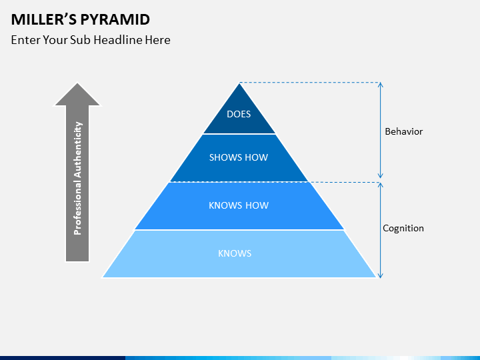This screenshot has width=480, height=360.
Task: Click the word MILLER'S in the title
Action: click(x=44, y=19)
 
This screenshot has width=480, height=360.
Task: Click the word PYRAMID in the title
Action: click(x=115, y=19)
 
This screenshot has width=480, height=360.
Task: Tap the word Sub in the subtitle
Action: click(x=80, y=40)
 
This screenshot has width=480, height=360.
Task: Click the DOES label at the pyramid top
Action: click(x=239, y=114)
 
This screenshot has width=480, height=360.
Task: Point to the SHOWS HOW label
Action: click(x=239, y=157)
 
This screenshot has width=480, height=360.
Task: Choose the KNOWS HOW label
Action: click(x=239, y=205)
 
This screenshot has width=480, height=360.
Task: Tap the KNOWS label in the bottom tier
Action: click(x=235, y=253)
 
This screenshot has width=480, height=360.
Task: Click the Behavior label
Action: click(x=404, y=131)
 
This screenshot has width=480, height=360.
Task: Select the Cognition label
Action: click(x=403, y=229)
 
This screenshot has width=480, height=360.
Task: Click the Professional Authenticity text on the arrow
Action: click(x=78, y=179)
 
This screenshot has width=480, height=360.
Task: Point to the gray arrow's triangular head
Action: click(x=77, y=94)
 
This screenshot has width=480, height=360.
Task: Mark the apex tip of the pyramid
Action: click(x=239, y=83)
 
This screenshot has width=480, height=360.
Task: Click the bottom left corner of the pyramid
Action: click(x=103, y=277)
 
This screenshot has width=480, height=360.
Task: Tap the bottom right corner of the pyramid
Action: click(x=375, y=277)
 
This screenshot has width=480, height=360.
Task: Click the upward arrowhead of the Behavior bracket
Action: click(x=380, y=84)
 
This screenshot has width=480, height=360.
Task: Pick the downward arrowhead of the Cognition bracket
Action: click(x=380, y=276)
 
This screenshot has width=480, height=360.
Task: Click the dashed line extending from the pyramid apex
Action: click(x=309, y=83)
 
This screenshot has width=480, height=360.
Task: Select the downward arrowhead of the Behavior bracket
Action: click(x=380, y=176)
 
